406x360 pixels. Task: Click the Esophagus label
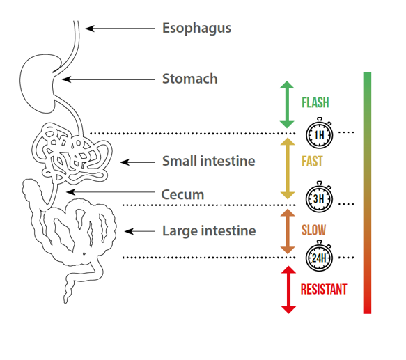click(196, 29)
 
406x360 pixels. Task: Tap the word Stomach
click(189, 79)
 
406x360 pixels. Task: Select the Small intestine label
click(208, 161)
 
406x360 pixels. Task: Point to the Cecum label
click(182, 194)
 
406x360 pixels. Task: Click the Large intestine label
click(209, 230)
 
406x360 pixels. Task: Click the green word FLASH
click(315, 103)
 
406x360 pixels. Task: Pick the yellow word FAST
click(311, 162)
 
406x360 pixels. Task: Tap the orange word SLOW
click(313, 230)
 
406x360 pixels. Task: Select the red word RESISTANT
click(323, 289)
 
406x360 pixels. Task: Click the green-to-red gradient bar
click(367, 192)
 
